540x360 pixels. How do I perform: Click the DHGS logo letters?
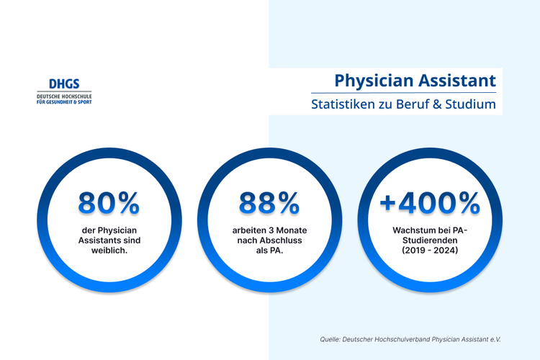(64, 84)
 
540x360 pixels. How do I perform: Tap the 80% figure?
(109, 204)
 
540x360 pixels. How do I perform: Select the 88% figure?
(269, 204)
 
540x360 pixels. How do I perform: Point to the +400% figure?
(430, 204)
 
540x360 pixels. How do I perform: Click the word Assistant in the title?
(456, 79)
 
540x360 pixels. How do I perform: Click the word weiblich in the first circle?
(109, 251)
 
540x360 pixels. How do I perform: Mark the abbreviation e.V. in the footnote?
(493, 338)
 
